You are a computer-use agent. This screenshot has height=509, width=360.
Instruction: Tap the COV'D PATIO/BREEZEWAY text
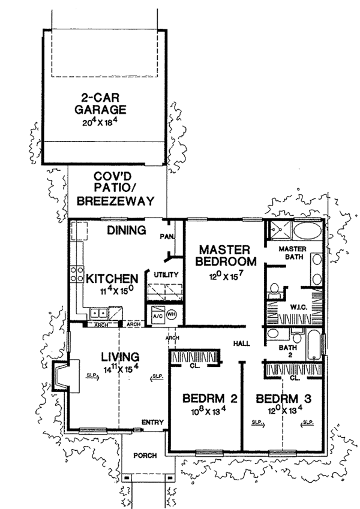click(121, 189)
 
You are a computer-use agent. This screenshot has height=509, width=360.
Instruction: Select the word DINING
click(127, 230)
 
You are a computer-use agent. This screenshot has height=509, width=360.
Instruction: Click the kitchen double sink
click(99, 312)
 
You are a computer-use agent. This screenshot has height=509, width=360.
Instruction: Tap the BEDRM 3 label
click(277, 399)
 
